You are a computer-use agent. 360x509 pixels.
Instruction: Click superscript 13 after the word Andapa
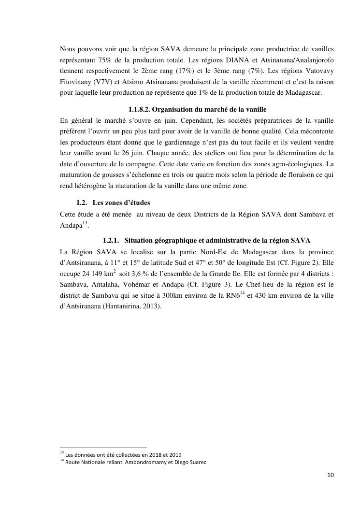[85, 222]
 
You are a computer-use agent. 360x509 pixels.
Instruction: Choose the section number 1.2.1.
[111, 240]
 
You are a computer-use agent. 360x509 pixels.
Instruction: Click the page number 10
[330, 475]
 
